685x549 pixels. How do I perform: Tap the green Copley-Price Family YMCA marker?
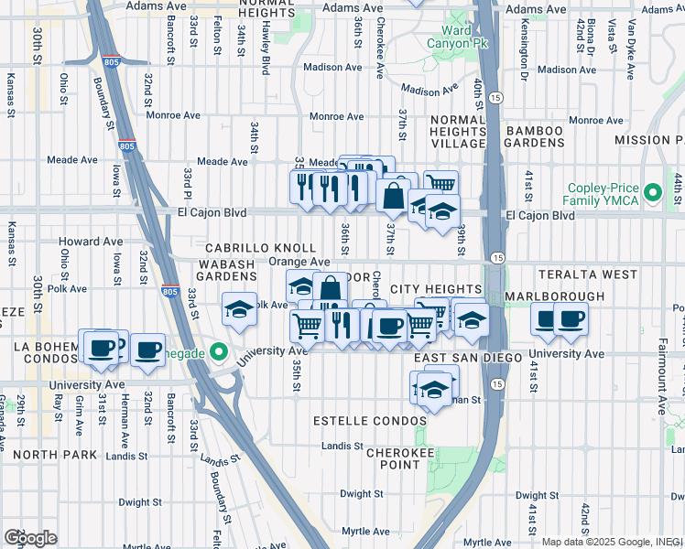[x=653, y=193]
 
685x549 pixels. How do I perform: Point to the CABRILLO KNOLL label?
[x=260, y=249]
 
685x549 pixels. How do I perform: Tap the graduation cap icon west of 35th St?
[x=239, y=309]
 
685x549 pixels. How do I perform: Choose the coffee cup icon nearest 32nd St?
[x=147, y=349]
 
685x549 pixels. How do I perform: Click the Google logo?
[x=30, y=538]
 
